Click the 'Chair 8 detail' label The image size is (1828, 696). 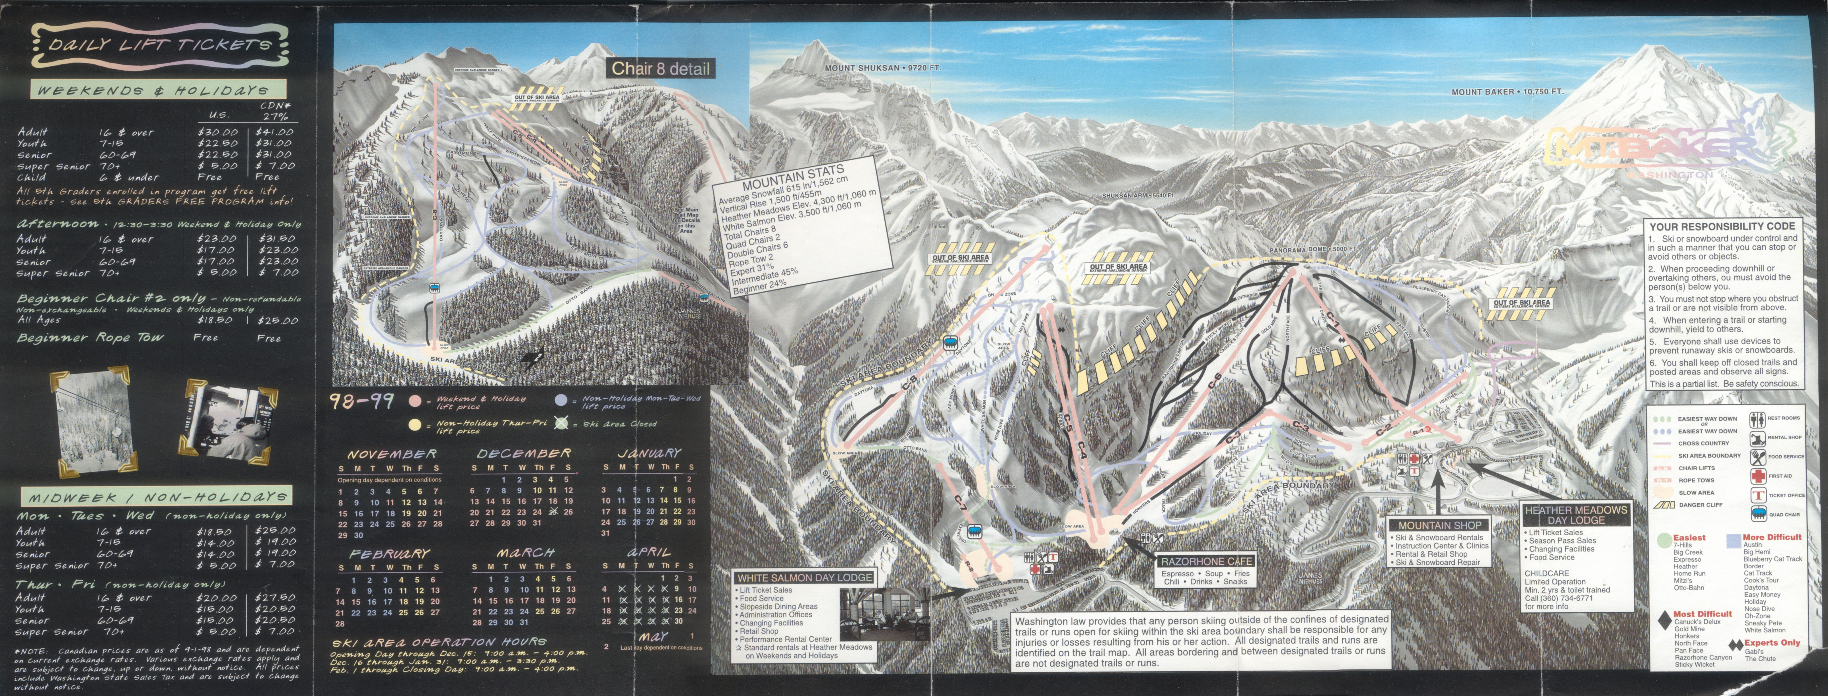(660, 69)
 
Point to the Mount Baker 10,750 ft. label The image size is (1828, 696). (1507, 92)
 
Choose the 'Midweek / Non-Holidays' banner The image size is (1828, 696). (158, 496)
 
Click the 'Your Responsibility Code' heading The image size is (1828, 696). (1721, 227)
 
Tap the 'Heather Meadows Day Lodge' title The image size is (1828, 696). (1575, 515)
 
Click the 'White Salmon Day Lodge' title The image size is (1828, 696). (804, 577)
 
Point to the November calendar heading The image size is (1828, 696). (392, 454)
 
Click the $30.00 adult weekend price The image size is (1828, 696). (218, 132)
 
